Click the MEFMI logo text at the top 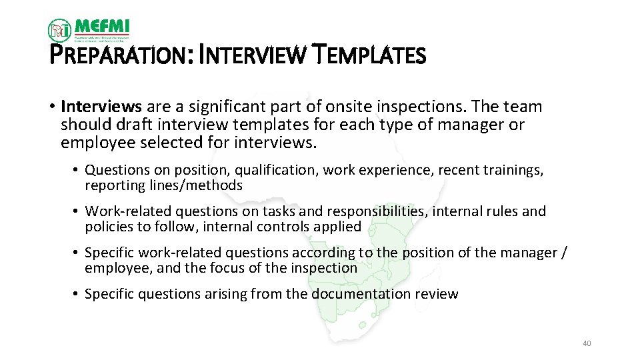coord(102,27)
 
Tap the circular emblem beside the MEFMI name coord(59,30)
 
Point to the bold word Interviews coord(101,107)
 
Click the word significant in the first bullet coord(222,107)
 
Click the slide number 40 coord(587,343)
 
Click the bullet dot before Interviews coord(51,107)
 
